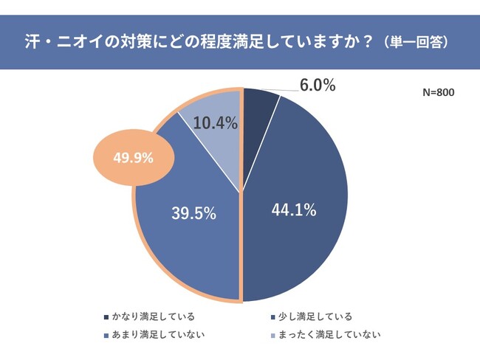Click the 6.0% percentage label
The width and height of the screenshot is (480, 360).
pos(318,86)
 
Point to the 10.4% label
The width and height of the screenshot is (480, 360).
pos(215,124)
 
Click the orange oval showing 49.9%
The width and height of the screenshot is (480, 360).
pos(133,157)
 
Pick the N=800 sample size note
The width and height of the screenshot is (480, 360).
pos(438,93)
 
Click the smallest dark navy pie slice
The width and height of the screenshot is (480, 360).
pos(258,104)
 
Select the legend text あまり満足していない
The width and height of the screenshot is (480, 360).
pos(157,336)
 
